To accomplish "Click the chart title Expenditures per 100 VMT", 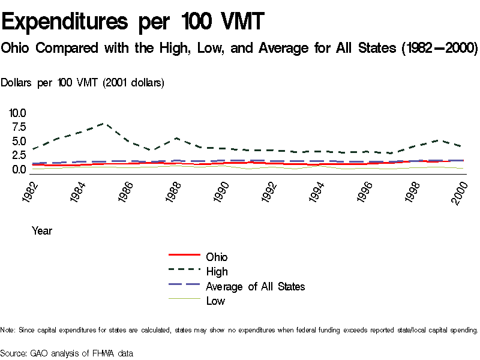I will point(133,23).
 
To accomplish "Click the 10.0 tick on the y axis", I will point(17,113).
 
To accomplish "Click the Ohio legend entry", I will point(217,257).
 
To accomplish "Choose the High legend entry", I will point(217,272).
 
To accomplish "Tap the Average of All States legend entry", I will point(255,286).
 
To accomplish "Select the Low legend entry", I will point(215,301).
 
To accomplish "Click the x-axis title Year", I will point(42,230).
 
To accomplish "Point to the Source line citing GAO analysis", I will point(67,353).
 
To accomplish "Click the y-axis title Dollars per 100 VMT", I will point(83,83).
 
